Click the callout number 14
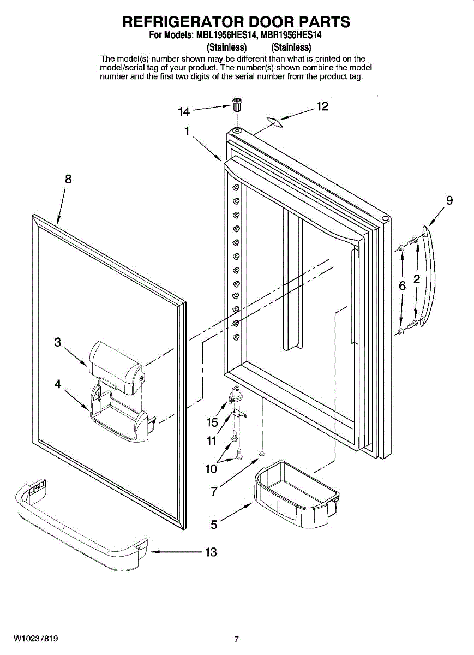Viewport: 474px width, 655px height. click(x=184, y=111)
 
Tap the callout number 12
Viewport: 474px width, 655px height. click(x=322, y=106)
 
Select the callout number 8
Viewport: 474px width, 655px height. click(x=68, y=179)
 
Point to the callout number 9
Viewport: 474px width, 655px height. click(x=449, y=200)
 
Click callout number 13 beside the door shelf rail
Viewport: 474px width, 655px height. click(x=211, y=552)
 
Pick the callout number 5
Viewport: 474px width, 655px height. click(x=214, y=525)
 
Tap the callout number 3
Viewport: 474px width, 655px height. click(x=58, y=342)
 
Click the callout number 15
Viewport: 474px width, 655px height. click(x=212, y=422)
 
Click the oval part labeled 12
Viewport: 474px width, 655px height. click(x=275, y=123)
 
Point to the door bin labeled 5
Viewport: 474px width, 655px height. click(x=295, y=494)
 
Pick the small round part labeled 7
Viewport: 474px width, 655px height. click(x=262, y=453)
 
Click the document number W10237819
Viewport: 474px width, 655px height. click(x=37, y=639)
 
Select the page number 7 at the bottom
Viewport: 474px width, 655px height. click(x=236, y=640)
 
